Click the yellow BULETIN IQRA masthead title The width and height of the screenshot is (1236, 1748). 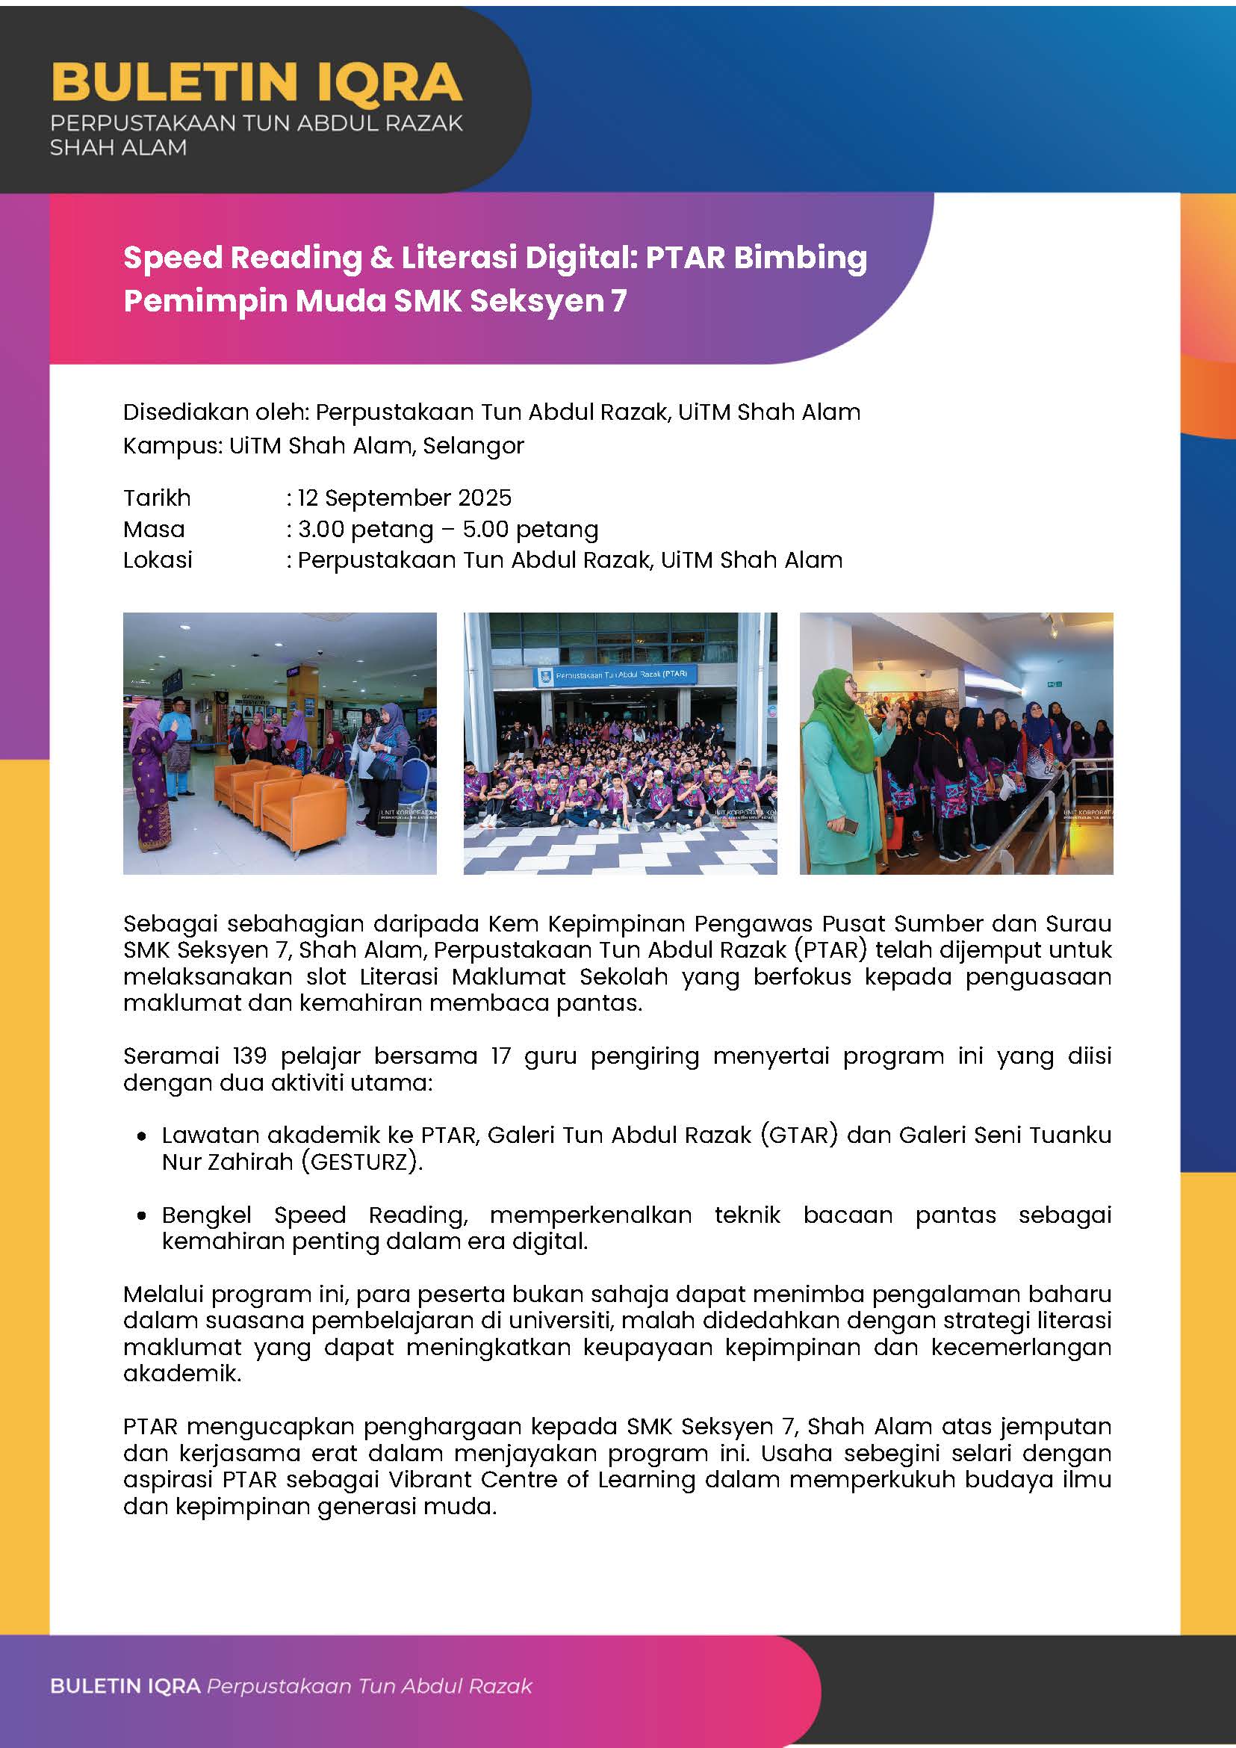pyautogui.click(x=255, y=81)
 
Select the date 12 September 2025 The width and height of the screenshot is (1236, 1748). pyautogui.click(x=404, y=498)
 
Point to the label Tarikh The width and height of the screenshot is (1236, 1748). pyautogui.click(x=157, y=498)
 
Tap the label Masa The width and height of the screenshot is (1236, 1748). pyautogui.click(x=154, y=529)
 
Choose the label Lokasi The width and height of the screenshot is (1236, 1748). pyautogui.click(x=158, y=560)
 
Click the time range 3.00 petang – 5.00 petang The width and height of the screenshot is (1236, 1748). pyautogui.click(x=447, y=529)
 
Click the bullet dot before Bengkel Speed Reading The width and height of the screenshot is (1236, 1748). pyautogui.click(x=142, y=1216)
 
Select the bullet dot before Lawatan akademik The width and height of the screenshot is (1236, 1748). pyautogui.click(x=142, y=1137)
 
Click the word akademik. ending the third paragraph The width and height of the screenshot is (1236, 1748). pyautogui.click(x=182, y=1374)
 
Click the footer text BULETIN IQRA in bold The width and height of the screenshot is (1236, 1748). pyautogui.click(x=125, y=1686)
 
